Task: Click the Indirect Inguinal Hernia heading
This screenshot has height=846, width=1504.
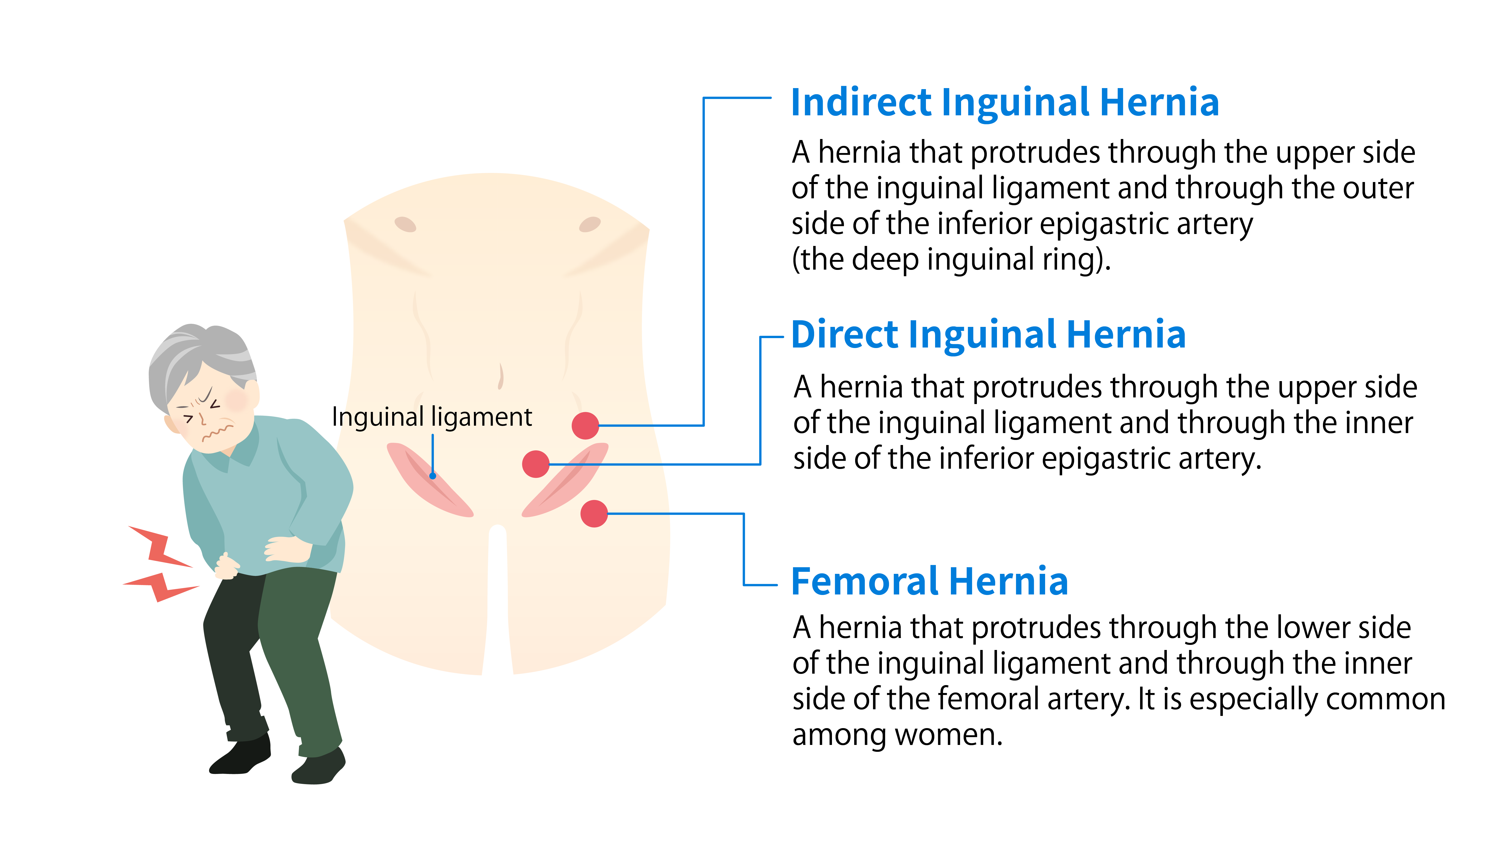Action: click(x=1004, y=103)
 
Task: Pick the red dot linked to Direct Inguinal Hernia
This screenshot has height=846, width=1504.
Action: click(x=535, y=464)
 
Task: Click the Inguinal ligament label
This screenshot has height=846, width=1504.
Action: click(x=431, y=417)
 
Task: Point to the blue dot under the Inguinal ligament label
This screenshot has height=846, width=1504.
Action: click(x=433, y=476)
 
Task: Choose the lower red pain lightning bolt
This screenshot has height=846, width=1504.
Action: click(x=160, y=586)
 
